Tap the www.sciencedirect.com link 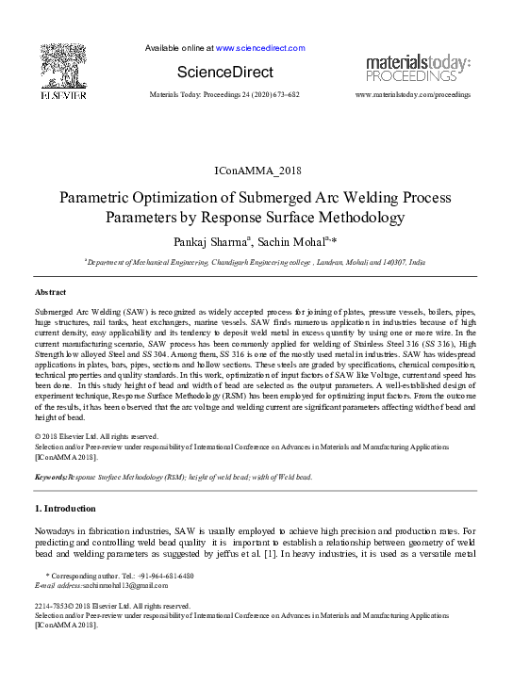pos(260,48)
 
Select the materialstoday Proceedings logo pos(418,68)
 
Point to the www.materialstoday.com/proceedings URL pos(413,96)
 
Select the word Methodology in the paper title pos(356,218)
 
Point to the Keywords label pos(50,478)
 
